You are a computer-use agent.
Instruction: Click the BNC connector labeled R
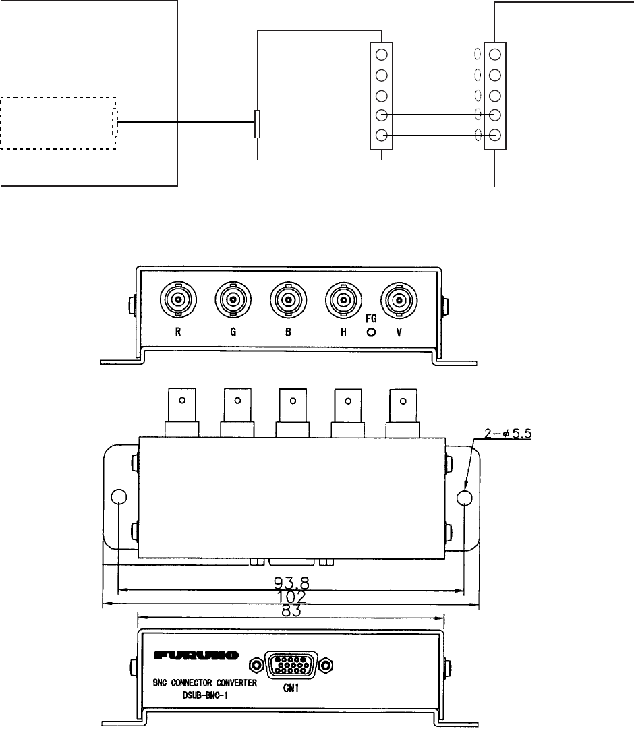tap(178, 299)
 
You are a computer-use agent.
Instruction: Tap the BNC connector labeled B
tap(289, 299)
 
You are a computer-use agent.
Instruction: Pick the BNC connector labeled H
tap(344, 299)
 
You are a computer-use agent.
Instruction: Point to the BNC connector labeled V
tap(399, 299)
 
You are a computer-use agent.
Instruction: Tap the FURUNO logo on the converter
tap(196, 655)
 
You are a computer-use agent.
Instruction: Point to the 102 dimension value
tap(291, 597)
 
